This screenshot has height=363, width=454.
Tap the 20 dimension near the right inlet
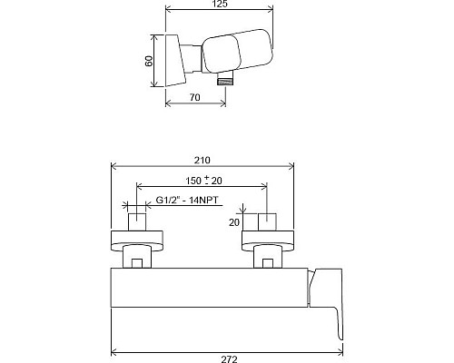(233, 221)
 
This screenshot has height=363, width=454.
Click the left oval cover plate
(136, 240)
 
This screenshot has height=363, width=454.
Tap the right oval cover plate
(267, 240)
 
